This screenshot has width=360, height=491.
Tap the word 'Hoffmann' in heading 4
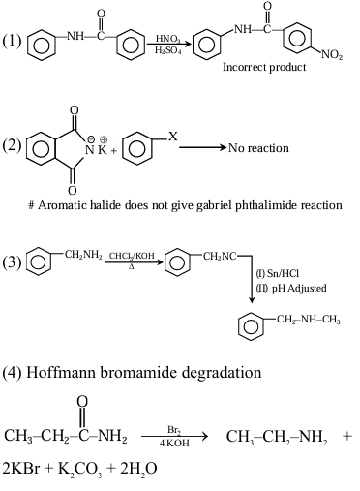76,370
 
